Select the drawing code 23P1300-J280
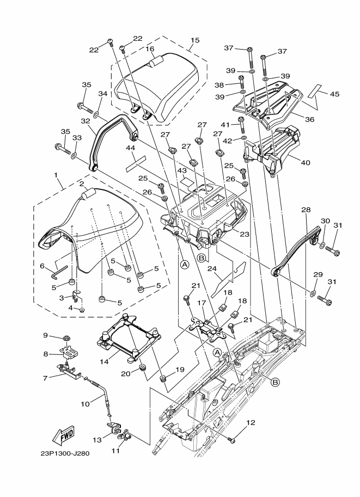65,453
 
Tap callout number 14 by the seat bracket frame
104,361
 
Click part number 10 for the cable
85,404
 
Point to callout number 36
309,119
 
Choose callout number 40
306,163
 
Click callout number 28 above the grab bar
306,210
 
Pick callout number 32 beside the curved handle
86,121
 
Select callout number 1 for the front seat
56,175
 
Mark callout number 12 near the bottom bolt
251,422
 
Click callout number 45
334,94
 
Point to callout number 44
130,148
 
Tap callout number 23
245,234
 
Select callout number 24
212,268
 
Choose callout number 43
182,170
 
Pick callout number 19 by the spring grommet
180,369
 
